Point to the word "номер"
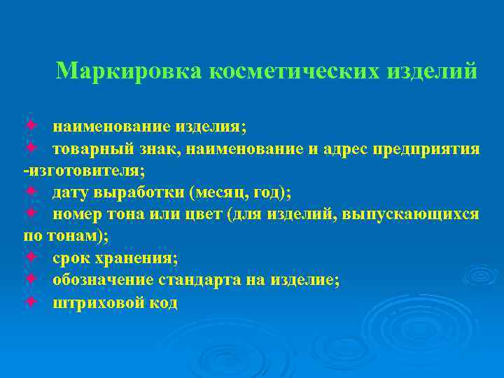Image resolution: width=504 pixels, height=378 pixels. (x=77, y=214)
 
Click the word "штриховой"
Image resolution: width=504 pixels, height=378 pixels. (x=94, y=302)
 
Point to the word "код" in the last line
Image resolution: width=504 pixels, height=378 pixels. (x=162, y=302)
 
